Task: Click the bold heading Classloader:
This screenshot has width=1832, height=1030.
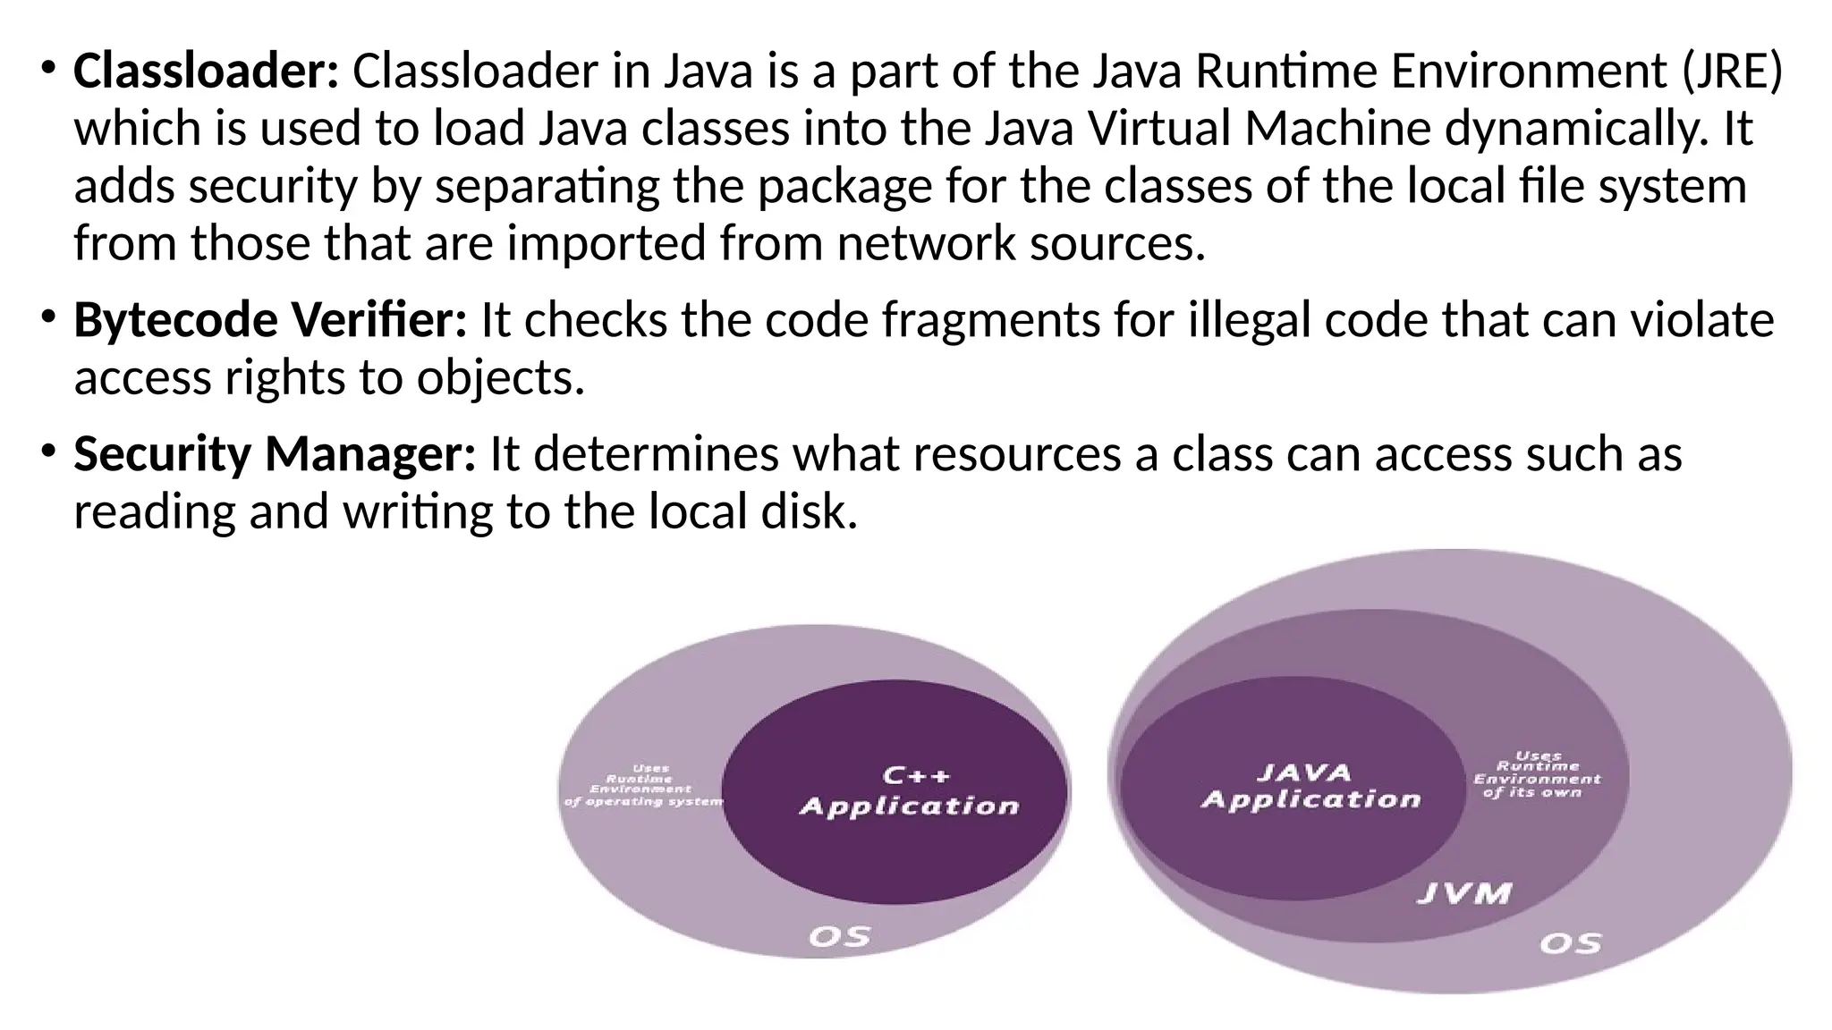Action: pyautogui.click(x=206, y=72)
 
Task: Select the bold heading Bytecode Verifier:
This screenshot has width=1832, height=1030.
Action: pyautogui.click(x=269, y=320)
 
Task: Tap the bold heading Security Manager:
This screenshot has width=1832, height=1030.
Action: pyautogui.click(x=274, y=454)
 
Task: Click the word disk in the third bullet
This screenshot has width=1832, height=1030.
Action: pyautogui.click(x=808, y=511)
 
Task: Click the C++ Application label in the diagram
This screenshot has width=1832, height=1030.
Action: pyautogui.click(x=909, y=791)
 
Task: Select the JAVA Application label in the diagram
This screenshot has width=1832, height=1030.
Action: pyautogui.click(x=1310, y=786)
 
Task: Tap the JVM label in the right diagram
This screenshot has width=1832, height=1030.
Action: pyautogui.click(x=1464, y=893)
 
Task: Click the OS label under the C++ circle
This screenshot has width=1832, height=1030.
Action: pyautogui.click(x=839, y=936)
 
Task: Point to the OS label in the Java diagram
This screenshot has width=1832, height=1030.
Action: pyautogui.click(x=1571, y=943)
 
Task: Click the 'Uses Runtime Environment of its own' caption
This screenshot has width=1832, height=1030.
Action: pyautogui.click(x=1537, y=774)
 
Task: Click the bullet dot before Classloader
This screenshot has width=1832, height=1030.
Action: pyautogui.click(x=47, y=69)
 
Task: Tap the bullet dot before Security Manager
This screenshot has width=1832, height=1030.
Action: pyautogui.click(x=47, y=452)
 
